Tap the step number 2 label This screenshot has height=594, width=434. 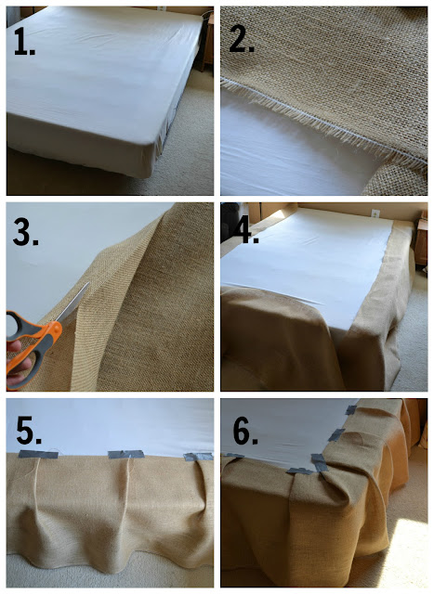tap(242, 39)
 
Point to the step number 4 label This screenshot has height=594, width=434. tap(246, 231)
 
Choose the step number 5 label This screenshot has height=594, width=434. tap(29, 431)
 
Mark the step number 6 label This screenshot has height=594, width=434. tap(245, 432)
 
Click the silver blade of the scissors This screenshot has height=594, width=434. tap(73, 303)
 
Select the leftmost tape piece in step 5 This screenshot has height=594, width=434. tap(38, 454)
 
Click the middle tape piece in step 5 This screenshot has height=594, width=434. tap(126, 454)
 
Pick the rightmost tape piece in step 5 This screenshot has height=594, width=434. tap(198, 457)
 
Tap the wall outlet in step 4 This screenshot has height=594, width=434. tap(375, 213)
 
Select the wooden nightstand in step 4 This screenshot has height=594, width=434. tap(421, 239)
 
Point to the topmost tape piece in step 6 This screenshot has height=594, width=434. tap(350, 410)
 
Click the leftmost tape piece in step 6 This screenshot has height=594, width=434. tap(234, 456)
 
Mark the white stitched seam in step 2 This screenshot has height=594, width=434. tap(322, 121)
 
